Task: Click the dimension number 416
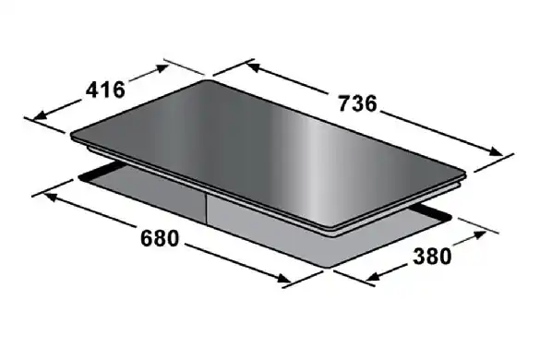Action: pos(105,90)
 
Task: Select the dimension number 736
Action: pos(358,103)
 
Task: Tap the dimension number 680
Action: pos(160,238)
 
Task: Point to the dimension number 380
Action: pos(432,257)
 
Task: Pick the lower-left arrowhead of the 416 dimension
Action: pos(41,115)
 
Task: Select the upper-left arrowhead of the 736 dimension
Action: pos(254,66)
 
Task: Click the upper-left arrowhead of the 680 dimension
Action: pos(50,197)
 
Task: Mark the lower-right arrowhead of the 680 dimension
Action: pos(284,279)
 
